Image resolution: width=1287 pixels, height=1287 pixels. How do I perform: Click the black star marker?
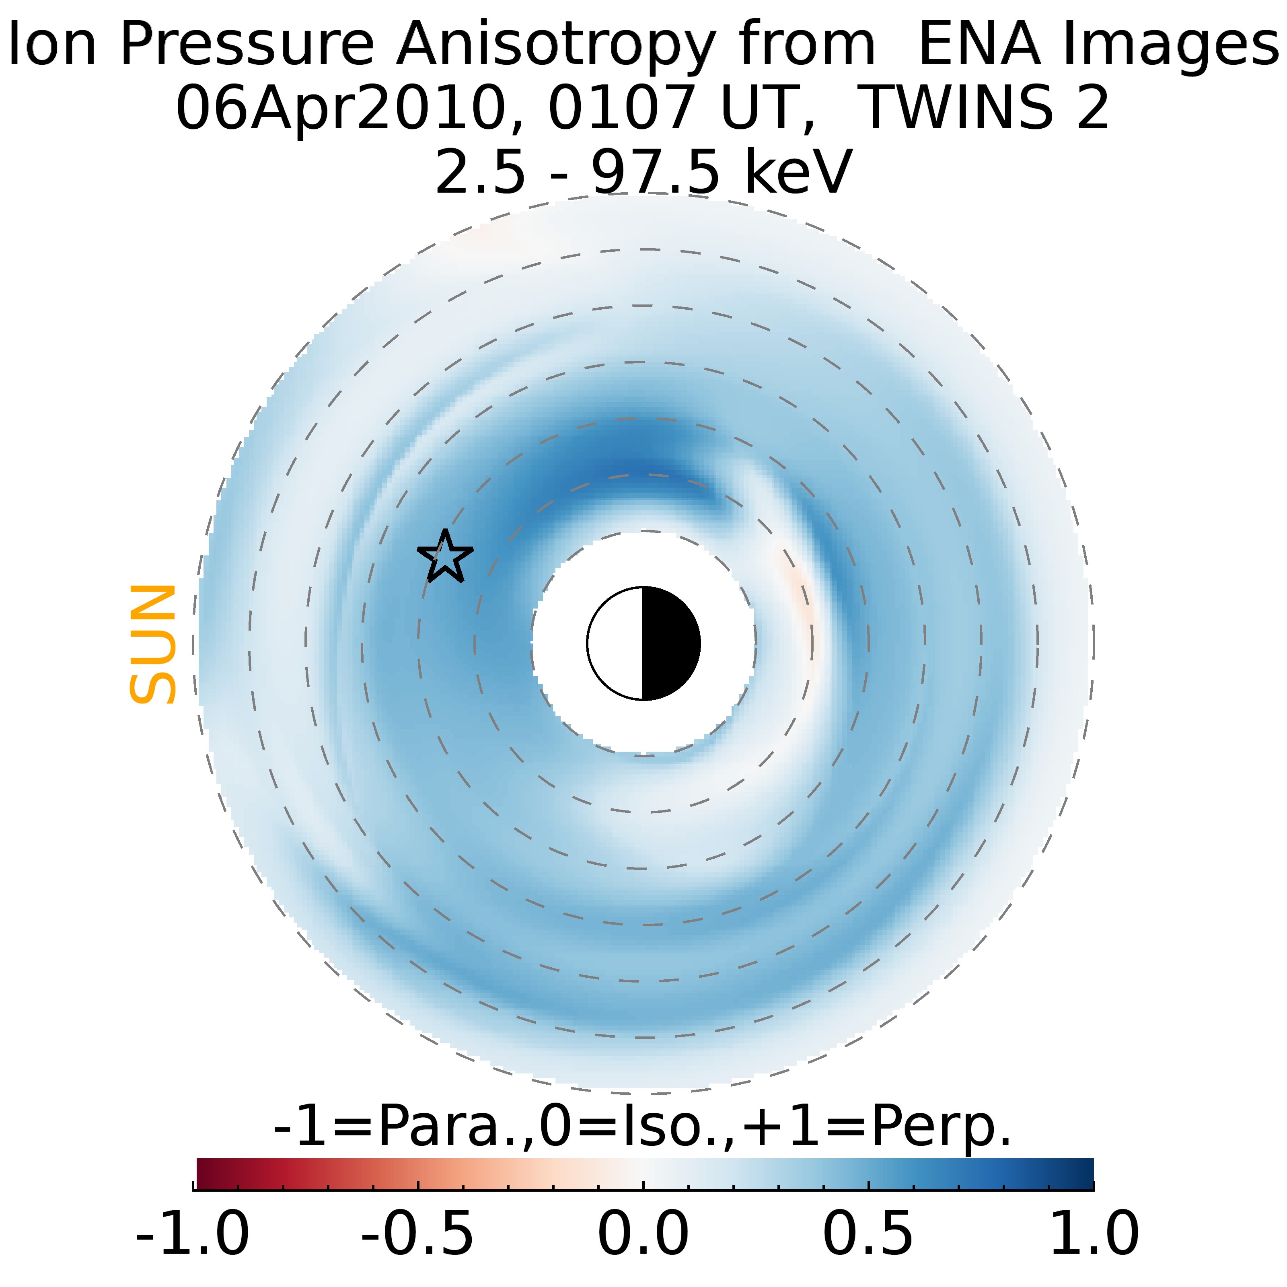point(445,557)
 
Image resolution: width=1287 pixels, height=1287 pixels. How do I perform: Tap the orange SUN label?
point(152,644)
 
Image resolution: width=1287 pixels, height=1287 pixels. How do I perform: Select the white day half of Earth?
point(615,643)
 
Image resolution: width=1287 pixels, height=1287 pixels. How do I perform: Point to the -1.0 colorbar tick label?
point(193,1233)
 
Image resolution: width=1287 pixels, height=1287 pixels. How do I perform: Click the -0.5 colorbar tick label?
point(418,1233)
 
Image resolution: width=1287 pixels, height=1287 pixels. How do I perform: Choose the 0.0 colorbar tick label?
point(643,1233)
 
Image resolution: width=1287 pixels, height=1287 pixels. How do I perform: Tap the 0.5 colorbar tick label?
point(869,1233)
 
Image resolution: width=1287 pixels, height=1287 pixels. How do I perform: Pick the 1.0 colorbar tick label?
point(1094,1233)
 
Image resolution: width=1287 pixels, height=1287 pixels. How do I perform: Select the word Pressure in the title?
point(247,44)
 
